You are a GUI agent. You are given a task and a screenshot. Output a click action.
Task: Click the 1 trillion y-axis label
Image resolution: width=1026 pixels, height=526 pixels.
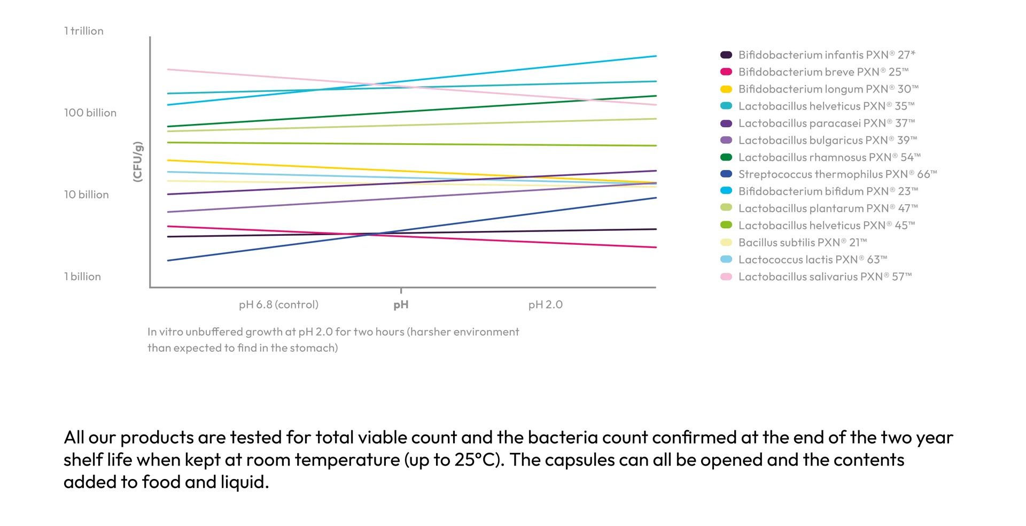pos(84,31)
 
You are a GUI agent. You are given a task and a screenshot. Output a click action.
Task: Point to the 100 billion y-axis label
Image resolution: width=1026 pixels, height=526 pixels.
pos(90,113)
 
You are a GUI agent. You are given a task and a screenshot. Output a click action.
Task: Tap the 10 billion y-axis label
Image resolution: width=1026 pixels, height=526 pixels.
pos(87,195)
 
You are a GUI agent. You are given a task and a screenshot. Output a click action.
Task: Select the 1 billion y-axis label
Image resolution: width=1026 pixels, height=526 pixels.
pos(83,276)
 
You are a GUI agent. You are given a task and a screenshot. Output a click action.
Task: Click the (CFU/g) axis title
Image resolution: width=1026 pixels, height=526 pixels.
pos(138,162)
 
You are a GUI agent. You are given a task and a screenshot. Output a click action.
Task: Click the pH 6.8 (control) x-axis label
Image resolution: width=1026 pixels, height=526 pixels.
pos(278,305)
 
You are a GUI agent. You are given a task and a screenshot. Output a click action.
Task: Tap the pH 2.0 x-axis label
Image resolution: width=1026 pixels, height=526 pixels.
pos(545,305)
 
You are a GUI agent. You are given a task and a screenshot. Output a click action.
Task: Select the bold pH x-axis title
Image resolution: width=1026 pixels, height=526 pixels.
pos(401,305)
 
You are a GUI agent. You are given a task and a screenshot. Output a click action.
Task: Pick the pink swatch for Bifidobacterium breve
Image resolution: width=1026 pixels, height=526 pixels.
pos(726,72)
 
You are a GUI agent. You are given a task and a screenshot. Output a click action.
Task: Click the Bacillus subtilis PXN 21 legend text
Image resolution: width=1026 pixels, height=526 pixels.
pos(802,243)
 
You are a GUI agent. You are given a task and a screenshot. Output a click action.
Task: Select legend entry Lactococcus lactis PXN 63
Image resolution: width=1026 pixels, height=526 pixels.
pos(812,260)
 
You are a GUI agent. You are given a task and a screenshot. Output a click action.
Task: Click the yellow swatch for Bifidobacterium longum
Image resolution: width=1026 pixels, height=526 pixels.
pos(726,89)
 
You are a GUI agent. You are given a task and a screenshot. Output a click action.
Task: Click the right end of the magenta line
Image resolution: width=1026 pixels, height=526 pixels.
pos(655,247)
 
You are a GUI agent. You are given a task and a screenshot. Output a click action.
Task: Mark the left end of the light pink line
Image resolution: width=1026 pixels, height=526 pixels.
pos(169,69)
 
